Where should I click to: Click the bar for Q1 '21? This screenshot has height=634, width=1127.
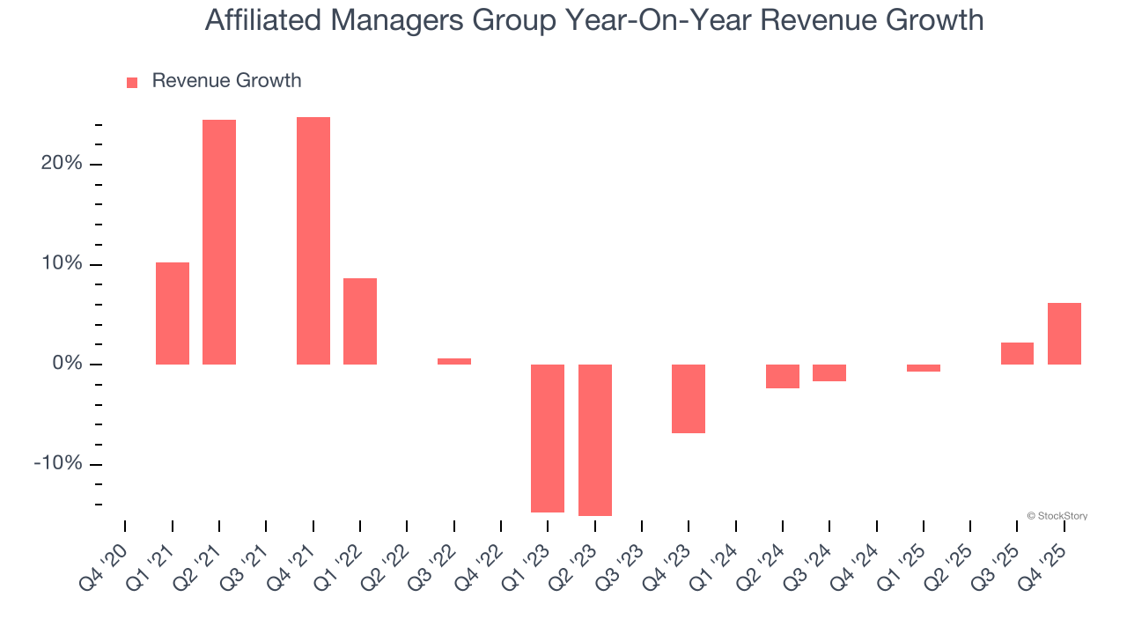[173, 313]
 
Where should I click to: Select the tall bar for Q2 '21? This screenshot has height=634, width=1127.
[219, 242]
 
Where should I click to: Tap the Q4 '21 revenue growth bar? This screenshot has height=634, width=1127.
[313, 240]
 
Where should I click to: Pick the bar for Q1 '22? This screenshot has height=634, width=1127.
[360, 321]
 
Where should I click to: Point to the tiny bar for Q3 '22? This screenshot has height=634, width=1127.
[454, 361]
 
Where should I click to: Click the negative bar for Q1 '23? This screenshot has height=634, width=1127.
[548, 438]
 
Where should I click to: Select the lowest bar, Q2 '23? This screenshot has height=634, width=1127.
[595, 439]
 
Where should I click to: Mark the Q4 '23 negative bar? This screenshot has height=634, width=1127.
[689, 399]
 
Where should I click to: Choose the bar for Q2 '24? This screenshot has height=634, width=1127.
[783, 376]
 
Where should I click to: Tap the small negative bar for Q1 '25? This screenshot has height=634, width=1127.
[924, 368]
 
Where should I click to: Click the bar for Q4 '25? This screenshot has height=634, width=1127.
[1064, 334]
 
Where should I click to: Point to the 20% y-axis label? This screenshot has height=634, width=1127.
[61, 164]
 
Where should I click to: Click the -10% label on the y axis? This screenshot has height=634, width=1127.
[57, 464]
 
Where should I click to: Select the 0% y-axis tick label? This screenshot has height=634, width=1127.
[66, 365]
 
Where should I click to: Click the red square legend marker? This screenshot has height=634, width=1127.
[132, 83]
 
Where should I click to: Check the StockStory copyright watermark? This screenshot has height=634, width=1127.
[1057, 516]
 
